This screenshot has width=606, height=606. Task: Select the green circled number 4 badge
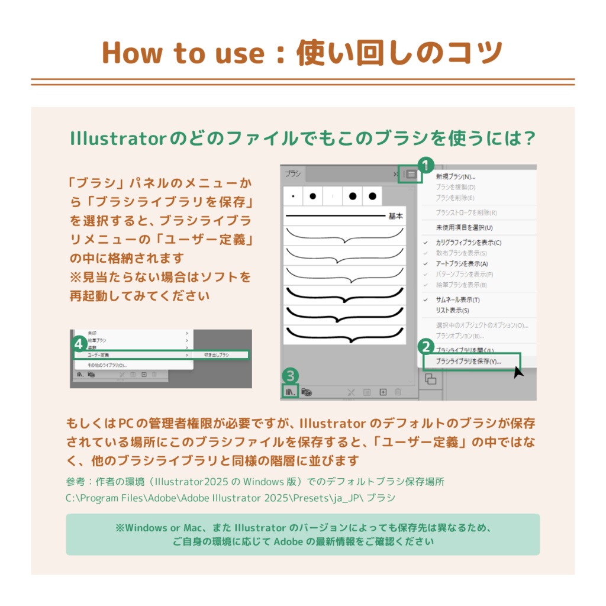pyautogui.click(x=79, y=343)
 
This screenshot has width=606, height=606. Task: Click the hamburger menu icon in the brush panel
pyautogui.click(x=411, y=175)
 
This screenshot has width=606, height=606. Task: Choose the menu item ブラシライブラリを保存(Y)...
pyautogui.click(x=468, y=361)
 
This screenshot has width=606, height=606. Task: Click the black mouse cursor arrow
pyautogui.click(x=518, y=372)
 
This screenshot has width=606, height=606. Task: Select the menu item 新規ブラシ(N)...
pyautogui.click(x=456, y=176)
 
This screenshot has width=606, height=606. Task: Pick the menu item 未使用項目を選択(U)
pyautogui.click(x=464, y=227)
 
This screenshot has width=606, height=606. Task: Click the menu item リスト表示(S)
pyautogui.click(x=452, y=310)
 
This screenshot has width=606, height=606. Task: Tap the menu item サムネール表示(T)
pyautogui.click(x=457, y=300)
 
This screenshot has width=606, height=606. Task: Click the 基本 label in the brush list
pyautogui.click(x=395, y=217)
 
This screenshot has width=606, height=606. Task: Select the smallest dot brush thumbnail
pyautogui.click(x=293, y=196)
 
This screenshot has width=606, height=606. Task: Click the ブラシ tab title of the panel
pyautogui.click(x=292, y=174)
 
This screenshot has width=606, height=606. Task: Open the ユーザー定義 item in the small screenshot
pyautogui.click(x=98, y=354)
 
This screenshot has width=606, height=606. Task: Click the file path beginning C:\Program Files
pyautogui.click(x=231, y=498)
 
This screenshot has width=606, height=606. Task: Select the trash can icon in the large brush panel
pyautogui.click(x=398, y=392)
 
